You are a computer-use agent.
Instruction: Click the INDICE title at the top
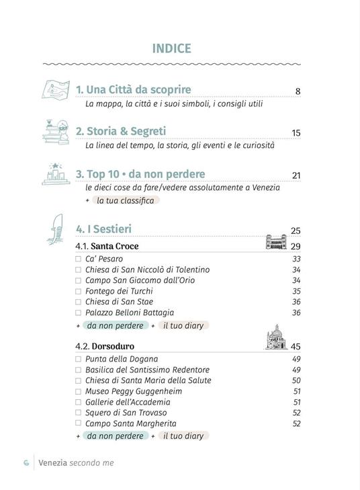pos(172,48)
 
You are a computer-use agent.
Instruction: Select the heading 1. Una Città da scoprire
pos(133,89)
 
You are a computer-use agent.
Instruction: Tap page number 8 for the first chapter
pos(298,91)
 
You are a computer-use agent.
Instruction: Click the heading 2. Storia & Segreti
pos(120,131)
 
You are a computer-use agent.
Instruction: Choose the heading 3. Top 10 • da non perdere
pos(140,174)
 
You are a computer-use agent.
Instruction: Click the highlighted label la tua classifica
pos(125,200)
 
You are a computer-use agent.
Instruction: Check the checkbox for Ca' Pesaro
pos(79,259)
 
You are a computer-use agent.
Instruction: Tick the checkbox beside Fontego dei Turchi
pos(79,291)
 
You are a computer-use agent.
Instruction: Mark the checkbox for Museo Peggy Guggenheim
pos(79,391)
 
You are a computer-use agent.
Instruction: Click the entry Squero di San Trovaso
pos(126,413)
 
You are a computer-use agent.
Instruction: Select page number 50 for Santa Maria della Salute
pos(296,380)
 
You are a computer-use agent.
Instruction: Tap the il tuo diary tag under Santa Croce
pos(183,325)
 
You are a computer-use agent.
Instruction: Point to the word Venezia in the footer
pos(52,462)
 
